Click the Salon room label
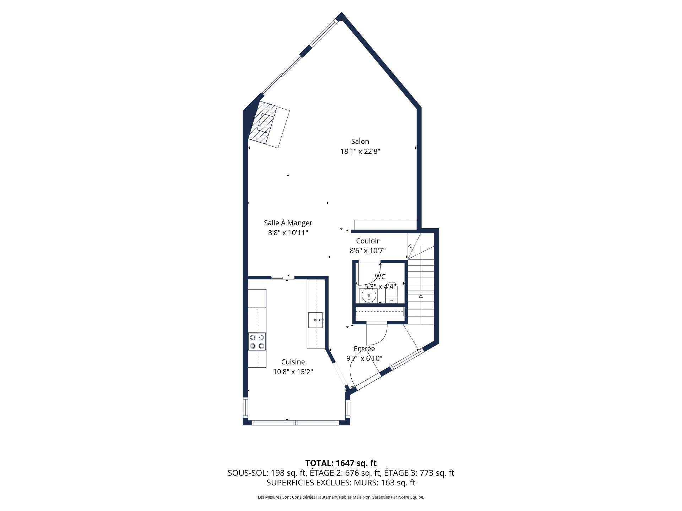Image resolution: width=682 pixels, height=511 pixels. [x=360, y=141]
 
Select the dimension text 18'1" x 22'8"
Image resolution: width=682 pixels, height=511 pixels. [x=360, y=152]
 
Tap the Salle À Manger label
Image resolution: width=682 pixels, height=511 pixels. [x=288, y=223]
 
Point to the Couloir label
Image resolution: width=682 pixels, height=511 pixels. [x=368, y=241]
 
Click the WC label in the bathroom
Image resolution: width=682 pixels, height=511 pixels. [x=380, y=276]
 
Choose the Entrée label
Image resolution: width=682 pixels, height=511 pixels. [x=364, y=349]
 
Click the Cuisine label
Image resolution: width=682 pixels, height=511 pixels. [x=293, y=362]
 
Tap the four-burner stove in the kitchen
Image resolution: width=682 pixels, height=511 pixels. [x=257, y=342]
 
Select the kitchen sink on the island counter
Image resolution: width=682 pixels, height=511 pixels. [x=315, y=320]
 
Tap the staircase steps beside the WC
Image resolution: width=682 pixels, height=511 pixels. [x=421, y=291]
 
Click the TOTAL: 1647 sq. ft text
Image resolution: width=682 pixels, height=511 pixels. [x=341, y=463]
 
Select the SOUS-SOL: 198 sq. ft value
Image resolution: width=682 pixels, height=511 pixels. [x=267, y=473]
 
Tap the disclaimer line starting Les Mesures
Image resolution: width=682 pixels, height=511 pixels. [x=341, y=497]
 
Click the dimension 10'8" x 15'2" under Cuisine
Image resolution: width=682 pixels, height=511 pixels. [x=293, y=372]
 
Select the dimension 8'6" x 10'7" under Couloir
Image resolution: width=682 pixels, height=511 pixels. [x=368, y=251]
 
